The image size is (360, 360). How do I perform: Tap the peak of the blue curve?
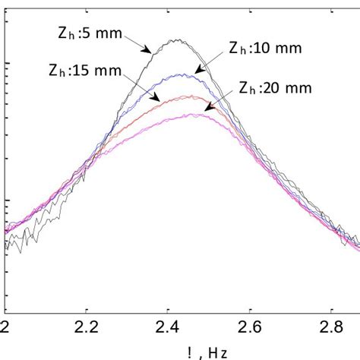pyautogui.click(x=181, y=74)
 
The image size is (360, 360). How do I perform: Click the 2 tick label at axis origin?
pyautogui.click(x=6, y=327)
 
